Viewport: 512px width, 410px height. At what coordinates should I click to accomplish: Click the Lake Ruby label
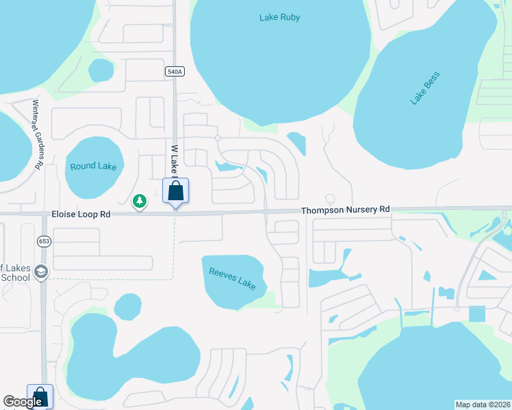pyautogui.click(x=279, y=17)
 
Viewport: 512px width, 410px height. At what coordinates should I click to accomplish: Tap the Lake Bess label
pyautogui.click(x=424, y=88)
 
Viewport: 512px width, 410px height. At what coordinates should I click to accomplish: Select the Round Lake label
pyautogui.click(x=93, y=166)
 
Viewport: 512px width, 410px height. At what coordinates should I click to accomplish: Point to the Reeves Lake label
pyautogui.click(x=233, y=278)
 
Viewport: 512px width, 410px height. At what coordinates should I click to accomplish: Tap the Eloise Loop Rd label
pyautogui.click(x=81, y=214)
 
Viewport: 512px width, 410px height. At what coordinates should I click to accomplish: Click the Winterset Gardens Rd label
pyautogui.click(x=38, y=135)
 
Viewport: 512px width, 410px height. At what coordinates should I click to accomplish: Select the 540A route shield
pyautogui.click(x=175, y=71)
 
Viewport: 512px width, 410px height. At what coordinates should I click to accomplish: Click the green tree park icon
pyautogui.click(x=140, y=201)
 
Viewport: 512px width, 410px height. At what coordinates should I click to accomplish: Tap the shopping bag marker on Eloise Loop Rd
pyautogui.click(x=175, y=191)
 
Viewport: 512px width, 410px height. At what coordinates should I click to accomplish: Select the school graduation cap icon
pyautogui.click(x=41, y=271)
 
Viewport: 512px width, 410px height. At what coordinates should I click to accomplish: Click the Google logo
pyautogui.click(x=23, y=402)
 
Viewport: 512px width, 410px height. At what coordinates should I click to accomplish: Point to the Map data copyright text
pyautogui.click(x=483, y=405)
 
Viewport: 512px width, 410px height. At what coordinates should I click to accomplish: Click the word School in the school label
pyautogui.click(x=15, y=277)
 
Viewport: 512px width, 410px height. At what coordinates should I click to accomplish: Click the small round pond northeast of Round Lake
pyautogui.click(x=101, y=70)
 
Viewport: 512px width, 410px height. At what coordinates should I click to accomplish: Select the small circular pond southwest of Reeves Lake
pyautogui.click(x=127, y=307)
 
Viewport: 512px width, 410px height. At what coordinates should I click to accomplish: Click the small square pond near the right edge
pyautogui.click(x=477, y=314)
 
